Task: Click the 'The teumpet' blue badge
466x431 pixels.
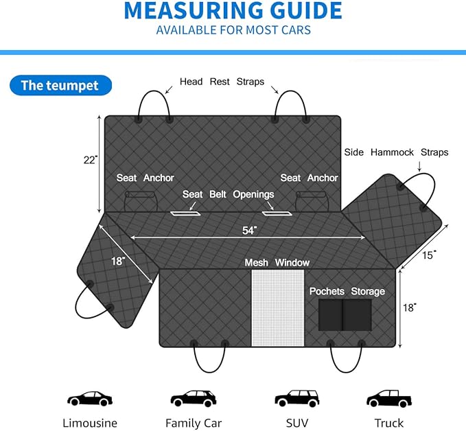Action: (60, 85)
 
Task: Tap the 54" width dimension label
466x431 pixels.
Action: (249, 231)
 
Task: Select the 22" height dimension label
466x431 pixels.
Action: (91, 160)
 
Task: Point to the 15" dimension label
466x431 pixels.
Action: (429, 255)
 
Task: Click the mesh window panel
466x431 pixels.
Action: (278, 308)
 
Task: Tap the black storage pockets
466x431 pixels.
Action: (345, 315)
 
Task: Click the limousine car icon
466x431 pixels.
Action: (90, 398)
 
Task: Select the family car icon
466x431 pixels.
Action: (194, 398)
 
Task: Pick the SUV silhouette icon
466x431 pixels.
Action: (297, 398)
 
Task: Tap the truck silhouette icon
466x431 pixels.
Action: (389, 398)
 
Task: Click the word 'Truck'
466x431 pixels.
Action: (389, 423)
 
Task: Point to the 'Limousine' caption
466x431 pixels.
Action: (90, 423)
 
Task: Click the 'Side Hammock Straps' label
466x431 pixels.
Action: (396, 152)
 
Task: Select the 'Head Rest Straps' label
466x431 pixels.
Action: (222, 82)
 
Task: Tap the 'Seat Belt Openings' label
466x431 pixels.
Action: (229, 194)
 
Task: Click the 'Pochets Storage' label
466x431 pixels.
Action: (347, 291)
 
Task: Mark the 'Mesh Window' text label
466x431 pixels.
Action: (277, 263)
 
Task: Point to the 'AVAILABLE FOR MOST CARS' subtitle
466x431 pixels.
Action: (233, 30)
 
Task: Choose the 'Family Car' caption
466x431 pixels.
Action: (194, 423)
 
